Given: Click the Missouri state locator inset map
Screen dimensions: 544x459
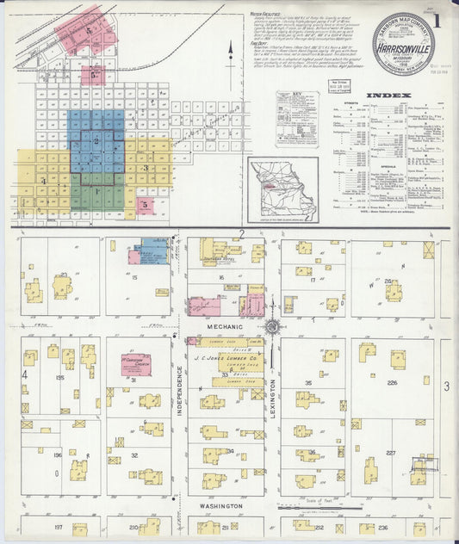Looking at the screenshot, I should pos(282,186).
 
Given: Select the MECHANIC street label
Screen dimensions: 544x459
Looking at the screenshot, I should pos(222,328).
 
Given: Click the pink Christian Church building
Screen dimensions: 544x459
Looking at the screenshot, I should pos(134,364).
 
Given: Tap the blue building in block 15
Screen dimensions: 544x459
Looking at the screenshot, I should pos(153,250).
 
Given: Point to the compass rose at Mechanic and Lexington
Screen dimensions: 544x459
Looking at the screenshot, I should pos(271,326).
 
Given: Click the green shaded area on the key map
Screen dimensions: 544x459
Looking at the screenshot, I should pos(96,191).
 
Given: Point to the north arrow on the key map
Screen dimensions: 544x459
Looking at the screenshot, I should pos(231,53).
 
